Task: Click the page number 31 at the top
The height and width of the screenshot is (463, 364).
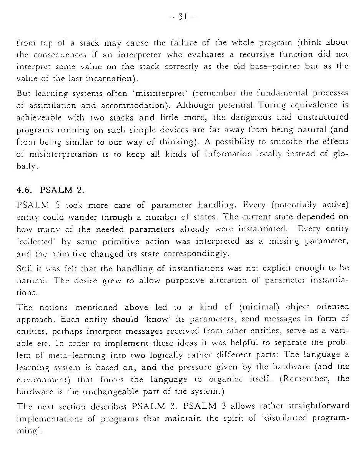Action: (x=182, y=17)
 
